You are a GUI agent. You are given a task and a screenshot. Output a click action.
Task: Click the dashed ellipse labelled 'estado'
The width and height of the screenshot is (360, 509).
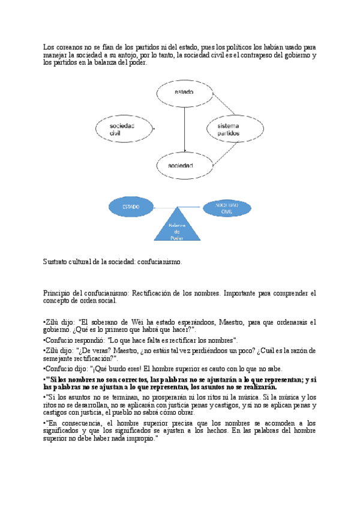click(x=184, y=92)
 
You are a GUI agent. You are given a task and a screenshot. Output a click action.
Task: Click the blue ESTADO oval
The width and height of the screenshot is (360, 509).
click(x=131, y=207)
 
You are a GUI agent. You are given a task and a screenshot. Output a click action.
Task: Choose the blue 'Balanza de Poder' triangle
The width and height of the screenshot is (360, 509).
click(x=178, y=227)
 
